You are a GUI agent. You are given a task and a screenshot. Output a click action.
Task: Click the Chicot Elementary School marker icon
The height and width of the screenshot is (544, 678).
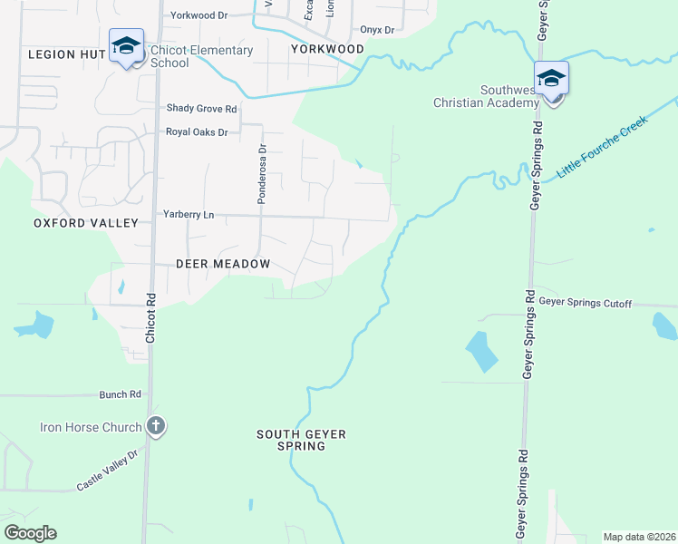click(x=126, y=45)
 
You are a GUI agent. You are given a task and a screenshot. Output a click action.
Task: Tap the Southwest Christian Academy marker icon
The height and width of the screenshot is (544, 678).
click(x=550, y=80)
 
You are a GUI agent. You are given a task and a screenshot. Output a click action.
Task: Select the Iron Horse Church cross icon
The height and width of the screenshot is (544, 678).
click(x=156, y=426)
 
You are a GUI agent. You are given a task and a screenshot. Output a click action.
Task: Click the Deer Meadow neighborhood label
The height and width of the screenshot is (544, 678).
click(x=223, y=264)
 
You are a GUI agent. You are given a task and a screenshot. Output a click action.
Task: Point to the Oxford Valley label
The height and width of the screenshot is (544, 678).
click(x=86, y=223)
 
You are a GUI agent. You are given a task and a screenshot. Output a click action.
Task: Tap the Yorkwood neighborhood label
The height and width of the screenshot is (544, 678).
click(x=327, y=49)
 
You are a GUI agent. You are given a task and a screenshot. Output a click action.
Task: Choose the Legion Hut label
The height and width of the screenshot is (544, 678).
click(x=67, y=54)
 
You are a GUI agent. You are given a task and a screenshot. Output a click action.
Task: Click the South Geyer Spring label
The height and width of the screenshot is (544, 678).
click(x=301, y=441)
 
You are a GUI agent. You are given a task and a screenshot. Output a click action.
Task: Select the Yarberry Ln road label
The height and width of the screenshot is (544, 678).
click(x=189, y=215)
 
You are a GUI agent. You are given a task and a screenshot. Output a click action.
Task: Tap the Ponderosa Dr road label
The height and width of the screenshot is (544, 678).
click(x=261, y=174)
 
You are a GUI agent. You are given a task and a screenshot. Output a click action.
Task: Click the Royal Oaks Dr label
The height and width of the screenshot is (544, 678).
click(x=196, y=132)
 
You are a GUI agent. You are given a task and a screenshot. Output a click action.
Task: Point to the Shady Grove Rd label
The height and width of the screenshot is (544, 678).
click(x=201, y=109)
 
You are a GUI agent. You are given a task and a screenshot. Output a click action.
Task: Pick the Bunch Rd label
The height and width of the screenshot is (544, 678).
click(x=121, y=394)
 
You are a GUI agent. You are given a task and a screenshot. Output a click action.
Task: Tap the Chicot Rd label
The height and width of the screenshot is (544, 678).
click(x=150, y=317)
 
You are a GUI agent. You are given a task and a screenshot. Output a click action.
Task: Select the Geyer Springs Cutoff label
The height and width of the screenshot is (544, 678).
click(x=585, y=303)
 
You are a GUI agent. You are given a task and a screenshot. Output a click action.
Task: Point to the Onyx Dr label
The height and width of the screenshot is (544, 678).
click(x=377, y=30)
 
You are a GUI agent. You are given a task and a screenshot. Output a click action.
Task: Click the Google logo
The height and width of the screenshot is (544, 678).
click(x=30, y=533)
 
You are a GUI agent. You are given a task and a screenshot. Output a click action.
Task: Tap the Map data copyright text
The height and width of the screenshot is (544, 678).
click(x=639, y=537)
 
